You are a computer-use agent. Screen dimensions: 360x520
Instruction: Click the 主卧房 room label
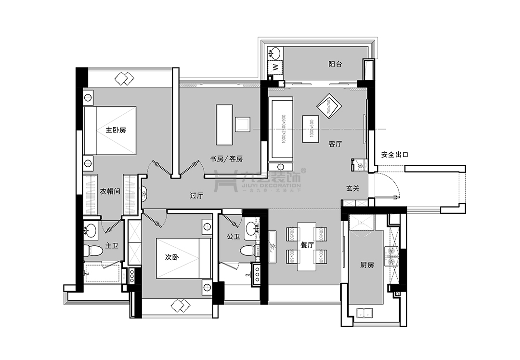(116, 130)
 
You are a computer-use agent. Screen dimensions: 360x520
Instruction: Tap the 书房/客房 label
(226, 159)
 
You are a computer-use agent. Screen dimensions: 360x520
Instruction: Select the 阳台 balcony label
(335, 64)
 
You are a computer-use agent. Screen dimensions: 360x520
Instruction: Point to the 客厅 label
(335, 144)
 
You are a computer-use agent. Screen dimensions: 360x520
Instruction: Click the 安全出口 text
(395, 155)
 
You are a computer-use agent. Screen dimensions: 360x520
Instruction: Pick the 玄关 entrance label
(352, 188)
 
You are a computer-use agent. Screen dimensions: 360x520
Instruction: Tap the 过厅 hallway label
(196, 196)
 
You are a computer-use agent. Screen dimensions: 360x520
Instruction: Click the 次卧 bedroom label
(172, 257)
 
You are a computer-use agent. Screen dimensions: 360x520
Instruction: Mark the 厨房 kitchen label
(367, 265)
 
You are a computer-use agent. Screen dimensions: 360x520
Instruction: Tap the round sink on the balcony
(275, 52)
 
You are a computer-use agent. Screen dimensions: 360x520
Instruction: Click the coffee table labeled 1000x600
(311, 129)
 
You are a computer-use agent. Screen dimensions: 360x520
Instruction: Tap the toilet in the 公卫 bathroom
(248, 251)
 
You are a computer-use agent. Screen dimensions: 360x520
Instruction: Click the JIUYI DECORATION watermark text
(273, 185)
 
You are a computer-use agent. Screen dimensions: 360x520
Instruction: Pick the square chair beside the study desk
(243, 124)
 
